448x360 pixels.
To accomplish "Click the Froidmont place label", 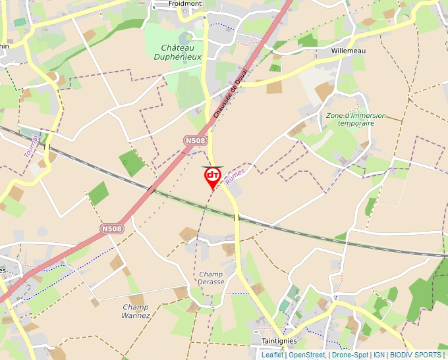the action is pos(184,3).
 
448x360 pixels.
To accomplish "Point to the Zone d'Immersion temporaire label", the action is pos(356,119).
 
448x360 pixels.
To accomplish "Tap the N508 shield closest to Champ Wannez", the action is pos(111,228).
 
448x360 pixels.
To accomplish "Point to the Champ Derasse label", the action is pos(211,278).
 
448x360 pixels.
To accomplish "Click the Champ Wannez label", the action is pos(136,311).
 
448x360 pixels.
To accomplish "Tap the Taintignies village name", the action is pos(279,341).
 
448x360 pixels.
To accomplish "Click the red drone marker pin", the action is pos(212,176).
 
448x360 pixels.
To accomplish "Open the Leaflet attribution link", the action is pos(272,355).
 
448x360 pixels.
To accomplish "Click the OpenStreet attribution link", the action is pos(306,355).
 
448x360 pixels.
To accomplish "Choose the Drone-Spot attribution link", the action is pos(350,355).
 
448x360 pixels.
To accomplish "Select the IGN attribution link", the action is pos(379,355).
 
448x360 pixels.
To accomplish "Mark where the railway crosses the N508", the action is pos(152,190).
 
